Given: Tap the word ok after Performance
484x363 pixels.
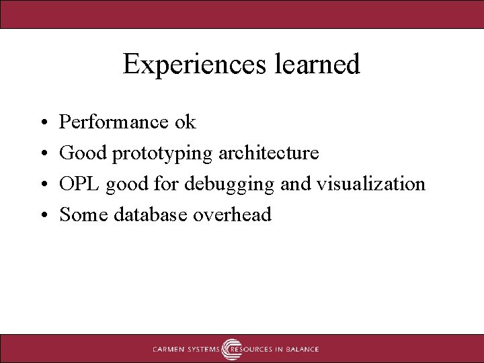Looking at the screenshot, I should tap(185, 122).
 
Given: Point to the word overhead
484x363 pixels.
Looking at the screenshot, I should tap(232, 214).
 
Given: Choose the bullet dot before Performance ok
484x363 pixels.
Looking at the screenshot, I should tap(42, 123).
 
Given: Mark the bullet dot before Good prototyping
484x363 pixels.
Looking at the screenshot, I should tap(42, 154).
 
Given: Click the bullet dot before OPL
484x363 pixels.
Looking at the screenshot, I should tap(42, 185).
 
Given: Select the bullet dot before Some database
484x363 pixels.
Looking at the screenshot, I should tap(42, 216).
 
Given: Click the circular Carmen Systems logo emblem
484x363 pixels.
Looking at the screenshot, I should tap(232, 349).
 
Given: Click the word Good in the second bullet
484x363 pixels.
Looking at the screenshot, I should tap(84, 153).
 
